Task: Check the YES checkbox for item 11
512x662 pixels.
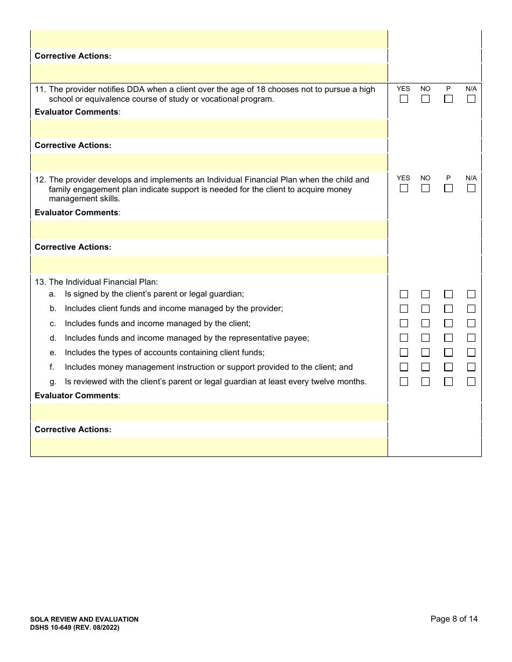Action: [404, 99]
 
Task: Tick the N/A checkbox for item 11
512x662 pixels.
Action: [471, 99]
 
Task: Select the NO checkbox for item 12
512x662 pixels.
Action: [425, 188]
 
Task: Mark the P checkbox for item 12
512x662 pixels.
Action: [448, 188]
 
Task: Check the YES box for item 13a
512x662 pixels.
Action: [404, 294]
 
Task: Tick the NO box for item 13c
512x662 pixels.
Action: [425, 323]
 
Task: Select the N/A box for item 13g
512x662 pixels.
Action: [471, 382]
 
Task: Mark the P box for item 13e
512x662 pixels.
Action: [448, 353]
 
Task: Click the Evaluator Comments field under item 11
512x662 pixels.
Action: [209, 129]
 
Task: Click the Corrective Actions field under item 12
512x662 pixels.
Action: [209, 264]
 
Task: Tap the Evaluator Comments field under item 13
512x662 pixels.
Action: [209, 412]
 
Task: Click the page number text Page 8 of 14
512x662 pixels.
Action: [454, 619]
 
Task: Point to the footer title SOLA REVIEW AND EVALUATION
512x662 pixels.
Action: [86, 619]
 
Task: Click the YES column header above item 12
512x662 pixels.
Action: [403, 178]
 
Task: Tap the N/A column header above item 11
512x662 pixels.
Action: [471, 89]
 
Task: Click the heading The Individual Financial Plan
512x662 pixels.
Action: [103, 282]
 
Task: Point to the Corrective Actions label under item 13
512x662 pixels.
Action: [73, 429]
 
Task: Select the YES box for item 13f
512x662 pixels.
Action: [404, 367]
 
